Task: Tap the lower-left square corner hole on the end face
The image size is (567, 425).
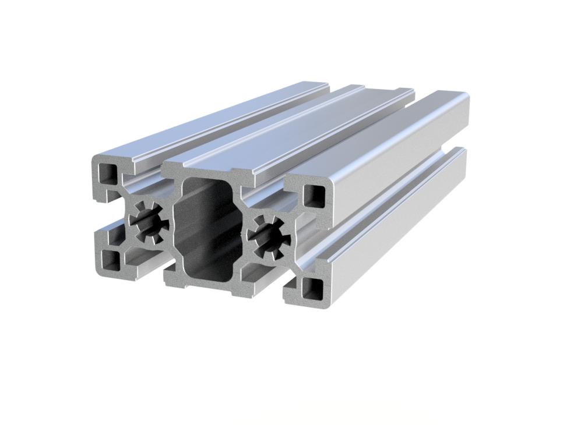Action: [110, 261]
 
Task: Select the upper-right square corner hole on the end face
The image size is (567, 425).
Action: [315, 196]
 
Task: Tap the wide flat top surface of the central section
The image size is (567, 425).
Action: [303, 125]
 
